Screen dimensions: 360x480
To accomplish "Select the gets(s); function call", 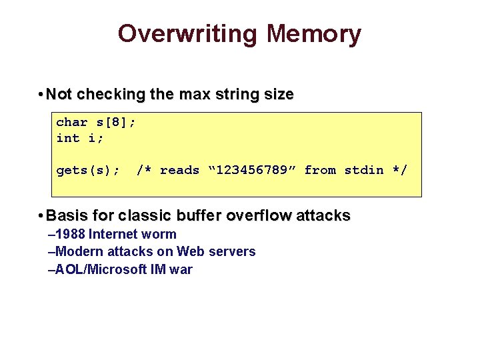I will tap(87, 170).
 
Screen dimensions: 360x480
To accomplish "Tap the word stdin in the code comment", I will tap(363, 170).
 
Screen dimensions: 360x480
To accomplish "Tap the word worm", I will tap(160, 234).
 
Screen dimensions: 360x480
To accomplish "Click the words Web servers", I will tap(216, 251).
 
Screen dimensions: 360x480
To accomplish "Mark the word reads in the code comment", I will tap(179, 170).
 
